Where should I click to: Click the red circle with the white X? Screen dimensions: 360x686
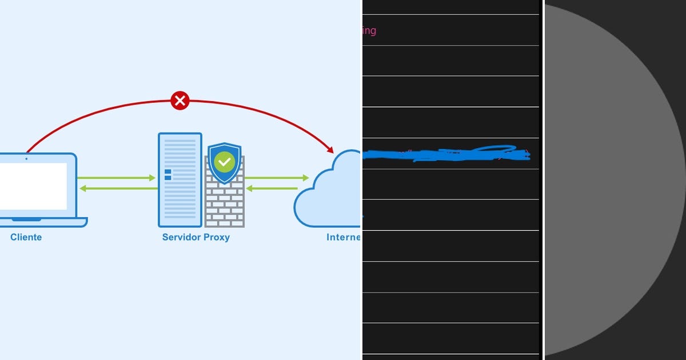click(x=180, y=101)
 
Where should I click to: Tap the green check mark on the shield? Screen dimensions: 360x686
click(x=225, y=162)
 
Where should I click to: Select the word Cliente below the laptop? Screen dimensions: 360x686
click(x=26, y=237)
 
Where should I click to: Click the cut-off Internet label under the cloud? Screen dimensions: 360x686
click(x=344, y=237)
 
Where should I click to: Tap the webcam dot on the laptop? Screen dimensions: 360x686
click(x=26, y=158)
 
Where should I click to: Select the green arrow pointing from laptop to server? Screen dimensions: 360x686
click(x=117, y=178)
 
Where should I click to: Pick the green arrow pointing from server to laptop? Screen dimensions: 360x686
click(x=117, y=189)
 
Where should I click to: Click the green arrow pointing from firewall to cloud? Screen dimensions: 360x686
click(x=277, y=178)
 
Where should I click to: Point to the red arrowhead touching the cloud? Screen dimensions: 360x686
click(x=330, y=150)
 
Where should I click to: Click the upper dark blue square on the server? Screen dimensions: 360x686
click(x=167, y=171)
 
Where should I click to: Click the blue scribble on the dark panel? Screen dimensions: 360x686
click(x=446, y=154)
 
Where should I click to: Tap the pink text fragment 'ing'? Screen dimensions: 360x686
click(x=369, y=30)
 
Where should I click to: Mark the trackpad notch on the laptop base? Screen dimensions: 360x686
click(x=26, y=219)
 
